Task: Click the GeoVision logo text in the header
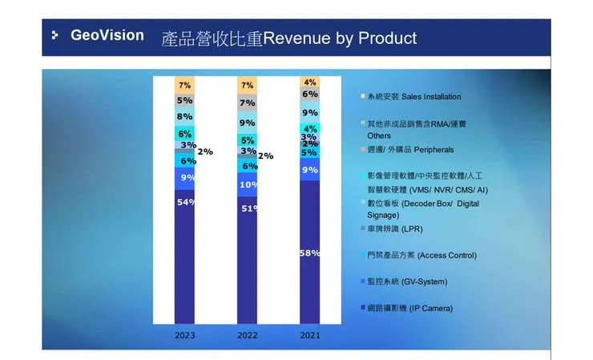[107, 35]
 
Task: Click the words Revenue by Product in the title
[340, 38]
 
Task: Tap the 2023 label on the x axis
[184, 335]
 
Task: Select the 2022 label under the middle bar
[247, 335]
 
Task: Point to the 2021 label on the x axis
[309, 335]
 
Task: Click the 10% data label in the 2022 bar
[248, 185]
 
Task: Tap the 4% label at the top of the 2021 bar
[310, 83]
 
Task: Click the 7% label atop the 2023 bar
[184, 85]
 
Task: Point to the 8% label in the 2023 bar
[184, 117]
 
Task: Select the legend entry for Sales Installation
[413, 97]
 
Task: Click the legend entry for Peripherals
[410, 150]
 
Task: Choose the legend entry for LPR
[400, 229]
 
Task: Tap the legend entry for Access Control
[422, 256]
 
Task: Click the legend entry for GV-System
[407, 282]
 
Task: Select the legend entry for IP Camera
[409, 309]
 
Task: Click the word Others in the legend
[379, 136]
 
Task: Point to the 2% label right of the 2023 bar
[205, 152]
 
